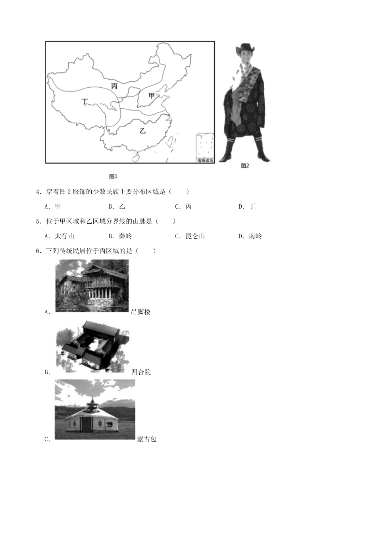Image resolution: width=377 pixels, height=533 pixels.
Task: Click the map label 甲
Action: [151, 96]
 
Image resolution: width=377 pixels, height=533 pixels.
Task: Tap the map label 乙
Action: [142, 130]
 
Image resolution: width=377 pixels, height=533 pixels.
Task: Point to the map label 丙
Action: [114, 86]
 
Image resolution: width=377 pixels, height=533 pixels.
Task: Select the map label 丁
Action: [84, 102]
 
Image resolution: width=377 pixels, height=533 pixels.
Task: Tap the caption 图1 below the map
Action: [113, 176]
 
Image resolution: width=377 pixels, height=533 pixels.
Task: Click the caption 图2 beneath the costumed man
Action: [245, 166]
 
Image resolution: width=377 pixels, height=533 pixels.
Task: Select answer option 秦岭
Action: [125, 236]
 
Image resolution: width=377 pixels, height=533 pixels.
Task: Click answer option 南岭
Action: [255, 236]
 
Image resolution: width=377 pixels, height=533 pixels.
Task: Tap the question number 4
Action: [38, 192]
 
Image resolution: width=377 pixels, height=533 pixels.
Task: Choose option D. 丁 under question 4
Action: [247, 206]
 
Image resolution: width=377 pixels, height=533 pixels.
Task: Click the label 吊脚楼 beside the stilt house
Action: [141, 312]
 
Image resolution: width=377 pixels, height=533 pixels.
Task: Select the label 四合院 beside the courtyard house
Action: [141, 372]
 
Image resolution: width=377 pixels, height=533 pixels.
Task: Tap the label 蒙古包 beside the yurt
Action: [147, 439]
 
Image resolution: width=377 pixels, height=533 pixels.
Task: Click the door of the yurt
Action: [86, 424]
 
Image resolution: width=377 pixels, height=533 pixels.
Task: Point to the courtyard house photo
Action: [92, 346]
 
